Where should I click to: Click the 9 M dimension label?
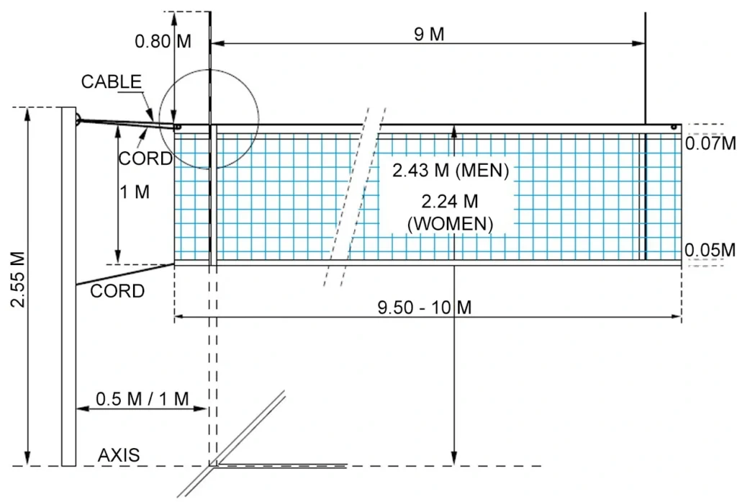click(x=430, y=35)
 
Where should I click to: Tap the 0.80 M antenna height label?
click(x=163, y=41)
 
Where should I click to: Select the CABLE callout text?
click(x=111, y=81)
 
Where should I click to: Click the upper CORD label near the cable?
click(x=145, y=158)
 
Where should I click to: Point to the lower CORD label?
click(x=117, y=292)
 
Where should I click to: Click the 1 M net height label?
click(x=135, y=193)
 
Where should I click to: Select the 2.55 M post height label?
click(x=17, y=280)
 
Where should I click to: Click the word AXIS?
click(x=119, y=455)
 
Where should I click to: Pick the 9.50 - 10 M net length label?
click(x=425, y=308)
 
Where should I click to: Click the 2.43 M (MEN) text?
click(x=451, y=171)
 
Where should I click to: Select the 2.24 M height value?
click(x=451, y=201)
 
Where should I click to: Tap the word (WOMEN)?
click(x=451, y=224)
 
